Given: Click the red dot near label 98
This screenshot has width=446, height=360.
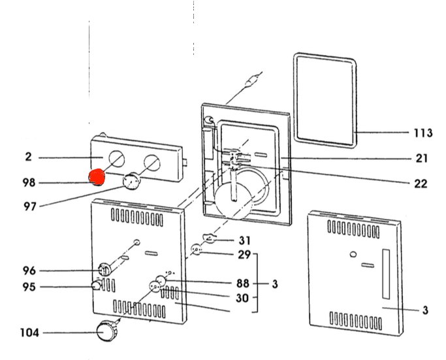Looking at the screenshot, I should point(97,178).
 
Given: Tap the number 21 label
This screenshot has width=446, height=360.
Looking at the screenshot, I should point(421,158).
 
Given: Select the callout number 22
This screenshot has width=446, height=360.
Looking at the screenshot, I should point(421,184).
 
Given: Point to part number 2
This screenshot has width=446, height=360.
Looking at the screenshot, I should point(28,157).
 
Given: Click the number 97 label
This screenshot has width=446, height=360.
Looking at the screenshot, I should point(29,206).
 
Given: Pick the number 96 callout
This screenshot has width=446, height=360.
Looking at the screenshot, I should point(29,270).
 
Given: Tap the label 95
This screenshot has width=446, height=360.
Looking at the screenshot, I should point(29,287).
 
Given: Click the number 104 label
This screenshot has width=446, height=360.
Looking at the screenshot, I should point(29,333).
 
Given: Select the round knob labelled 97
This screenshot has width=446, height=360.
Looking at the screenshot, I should point(133,181).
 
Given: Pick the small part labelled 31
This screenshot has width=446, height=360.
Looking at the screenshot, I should point(208,238).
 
